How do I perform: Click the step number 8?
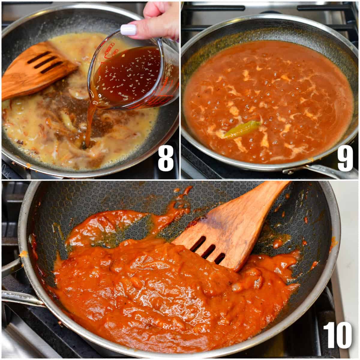(x=166, y=159)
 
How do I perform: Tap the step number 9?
(x=345, y=159)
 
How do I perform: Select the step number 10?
(x=337, y=335)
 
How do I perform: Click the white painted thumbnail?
(x=128, y=30)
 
